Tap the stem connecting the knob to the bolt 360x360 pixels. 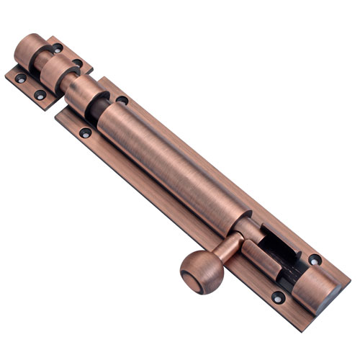point(229,248)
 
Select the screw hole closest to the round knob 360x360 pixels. point(277,296)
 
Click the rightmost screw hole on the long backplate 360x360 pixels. point(315,259)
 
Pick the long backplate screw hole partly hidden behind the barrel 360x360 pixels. point(122,100)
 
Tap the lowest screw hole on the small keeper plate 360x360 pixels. point(40,94)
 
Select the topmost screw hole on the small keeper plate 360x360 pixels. point(56,49)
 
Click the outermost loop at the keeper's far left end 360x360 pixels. point(31,50)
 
